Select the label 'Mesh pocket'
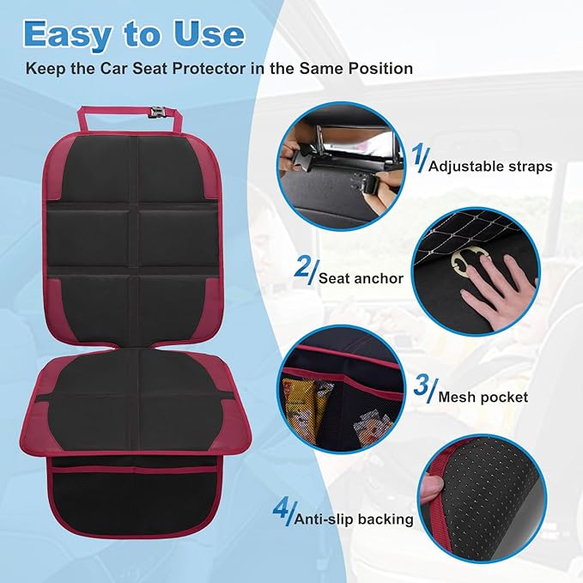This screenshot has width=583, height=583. point(483,398)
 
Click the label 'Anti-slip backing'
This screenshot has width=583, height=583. point(354,519)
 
